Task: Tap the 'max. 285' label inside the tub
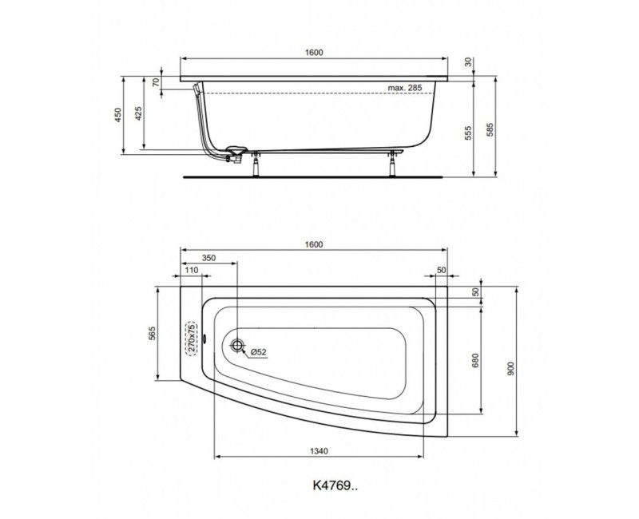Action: coord(405,87)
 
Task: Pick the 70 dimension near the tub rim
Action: coord(157,82)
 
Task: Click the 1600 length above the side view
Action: coord(314,52)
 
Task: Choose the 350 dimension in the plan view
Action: coord(208,259)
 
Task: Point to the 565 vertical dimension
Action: coord(152,335)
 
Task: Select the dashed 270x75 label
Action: coord(191,339)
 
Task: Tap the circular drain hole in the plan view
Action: coord(237,345)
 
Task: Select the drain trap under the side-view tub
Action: coord(236,152)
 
